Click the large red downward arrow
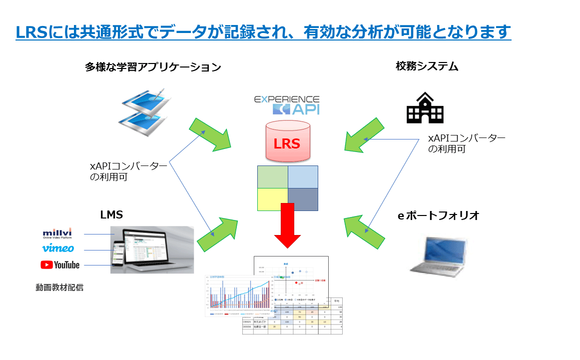288,225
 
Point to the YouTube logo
60,264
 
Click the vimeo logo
58,248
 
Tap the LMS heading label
111,215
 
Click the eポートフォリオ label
438,215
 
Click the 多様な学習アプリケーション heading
153,67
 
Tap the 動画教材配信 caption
59,287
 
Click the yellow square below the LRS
272,199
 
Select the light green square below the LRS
272,176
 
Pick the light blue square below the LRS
303,176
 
